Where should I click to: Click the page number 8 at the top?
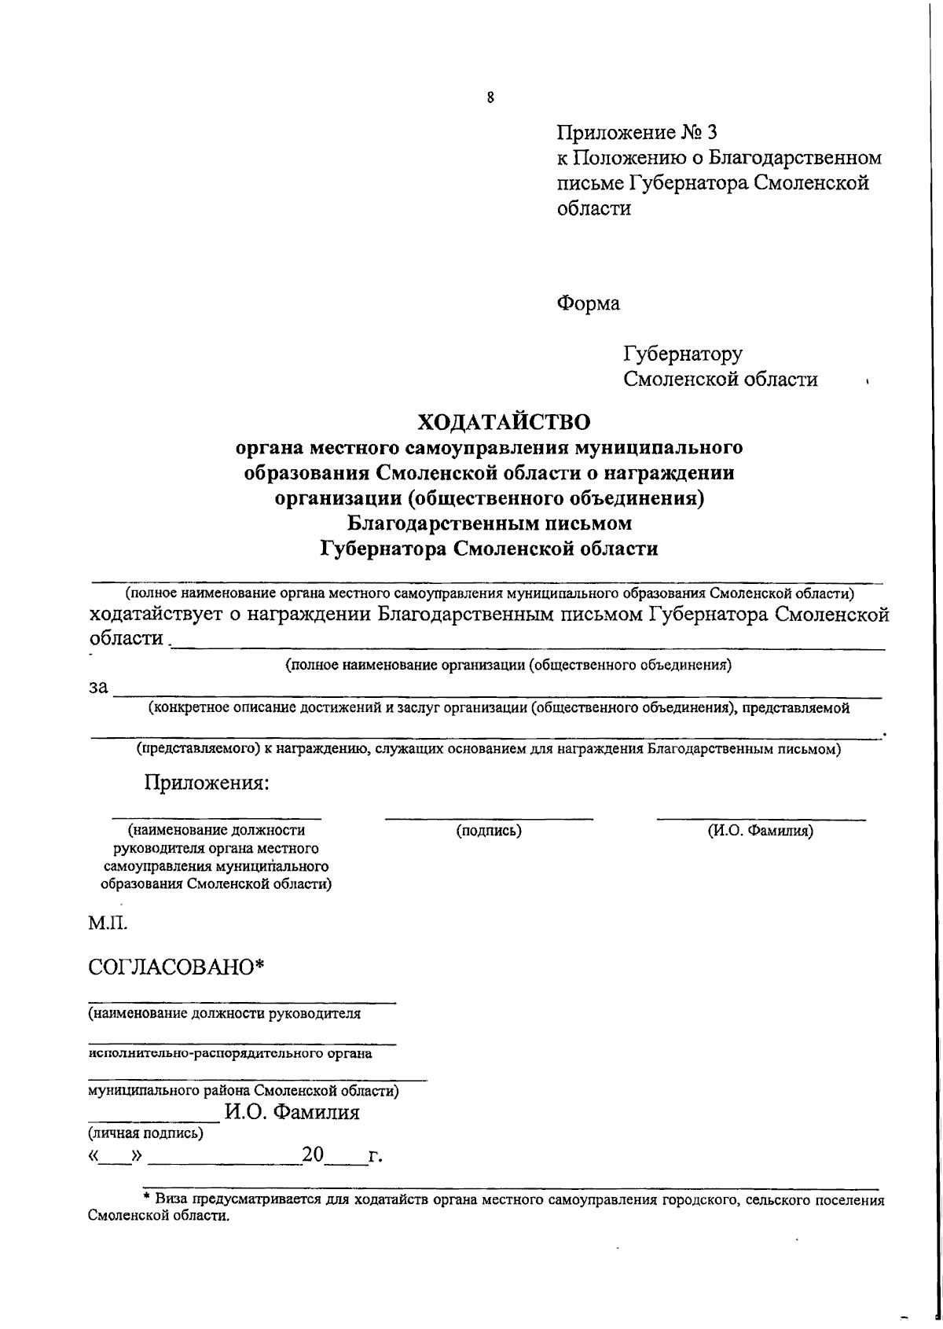(x=490, y=97)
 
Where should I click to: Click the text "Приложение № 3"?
(x=637, y=132)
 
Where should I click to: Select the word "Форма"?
(x=588, y=303)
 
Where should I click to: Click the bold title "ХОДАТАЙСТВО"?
(x=503, y=422)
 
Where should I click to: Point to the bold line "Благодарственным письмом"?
(x=490, y=523)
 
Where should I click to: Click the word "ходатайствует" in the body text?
(x=154, y=614)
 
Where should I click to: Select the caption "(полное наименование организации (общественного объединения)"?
(x=508, y=666)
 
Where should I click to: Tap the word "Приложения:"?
(x=207, y=783)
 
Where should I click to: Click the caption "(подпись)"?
(x=489, y=830)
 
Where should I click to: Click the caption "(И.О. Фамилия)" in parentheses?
(x=760, y=830)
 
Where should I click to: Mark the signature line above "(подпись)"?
(x=489, y=819)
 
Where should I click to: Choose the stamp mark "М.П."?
(x=107, y=921)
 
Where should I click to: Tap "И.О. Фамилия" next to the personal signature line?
(x=292, y=1112)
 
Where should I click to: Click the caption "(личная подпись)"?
(x=145, y=1133)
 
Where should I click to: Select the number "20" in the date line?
(x=313, y=1155)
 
